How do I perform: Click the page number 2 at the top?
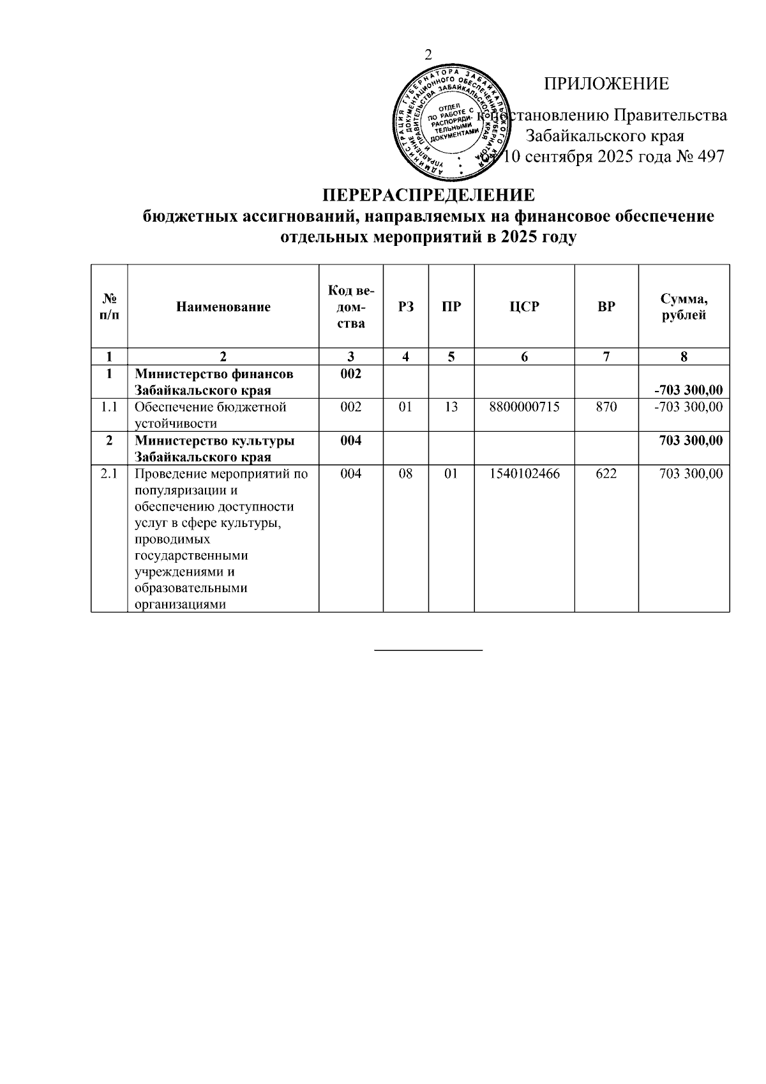[x=428, y=55]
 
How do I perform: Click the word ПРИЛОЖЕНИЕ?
[x=606, y=84]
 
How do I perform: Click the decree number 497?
[x=712, y=156]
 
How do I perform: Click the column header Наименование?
[x=223, y=307]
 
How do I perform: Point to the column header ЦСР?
[x=524, y=307]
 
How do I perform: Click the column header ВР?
[x=606, y=307]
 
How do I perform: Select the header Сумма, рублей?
[x=684, y=307]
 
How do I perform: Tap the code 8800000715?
[x=524, y=407]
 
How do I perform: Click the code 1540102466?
[x=524, y=474]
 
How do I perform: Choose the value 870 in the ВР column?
[x=606, y=407]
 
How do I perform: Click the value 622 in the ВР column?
[x=606, y=474]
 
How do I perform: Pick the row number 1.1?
[x=109, y=407]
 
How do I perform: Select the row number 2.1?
[x=109, y=474]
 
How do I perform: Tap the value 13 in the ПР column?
[x=451, y=407]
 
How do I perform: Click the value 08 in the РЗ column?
[x=405, y=474]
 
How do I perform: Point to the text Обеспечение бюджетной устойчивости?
[x=211, y=415]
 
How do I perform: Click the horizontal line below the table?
[x=428, y=650]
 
